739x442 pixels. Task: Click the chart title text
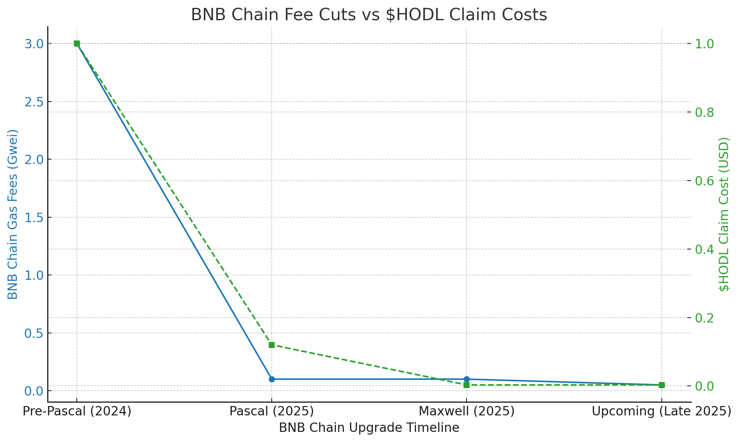pyautogui.click(x=369, y=15)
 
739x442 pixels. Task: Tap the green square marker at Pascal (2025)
pyautogui.click(x=272, y=345)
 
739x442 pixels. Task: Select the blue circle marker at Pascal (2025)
pyautogui.click(x=272, y=379)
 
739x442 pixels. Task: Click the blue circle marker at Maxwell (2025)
pyautogui.click(x=467, y=379)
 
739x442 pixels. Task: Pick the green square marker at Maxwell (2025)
pyautogui.click(x=467, y=385)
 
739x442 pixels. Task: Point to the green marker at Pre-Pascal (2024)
pyautogui.click(x=77, y=43)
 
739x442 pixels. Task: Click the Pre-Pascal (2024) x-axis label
pyautogui.click(x=77, y=411)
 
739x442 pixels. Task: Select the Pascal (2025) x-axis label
pyautogui.click(x=272, y=411)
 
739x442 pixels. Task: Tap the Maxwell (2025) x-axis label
pyautogui.click(x=467, y=411)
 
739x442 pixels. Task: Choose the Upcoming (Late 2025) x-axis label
pyautogui.click(x=661, y=411)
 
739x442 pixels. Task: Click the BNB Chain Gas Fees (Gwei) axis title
pyautogui.click(x=13, y=214)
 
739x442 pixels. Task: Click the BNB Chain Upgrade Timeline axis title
pyautogui.click(x=369, y=428)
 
